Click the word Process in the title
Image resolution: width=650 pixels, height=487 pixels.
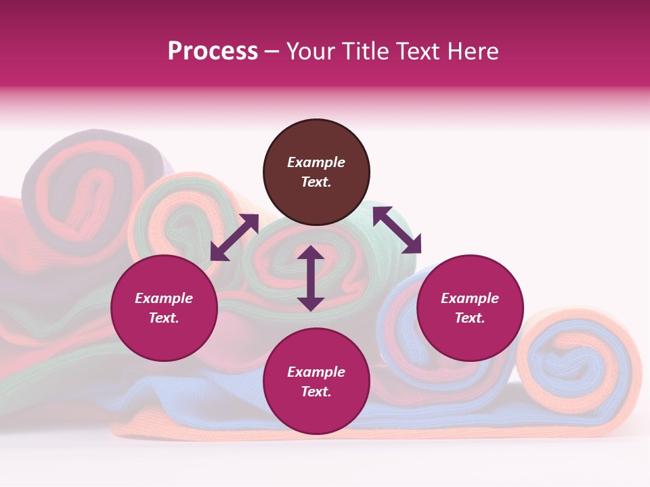pos(213,51)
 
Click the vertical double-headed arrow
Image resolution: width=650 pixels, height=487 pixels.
pos(311,278)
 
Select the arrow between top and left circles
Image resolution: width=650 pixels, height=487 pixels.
pos(234,237)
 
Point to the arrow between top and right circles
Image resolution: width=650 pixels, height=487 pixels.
pos(397,230)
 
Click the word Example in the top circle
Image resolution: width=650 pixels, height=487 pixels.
pos(316,162)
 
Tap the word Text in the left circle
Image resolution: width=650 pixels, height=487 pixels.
pos(164,318)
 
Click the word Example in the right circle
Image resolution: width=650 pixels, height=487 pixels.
pos(470,298)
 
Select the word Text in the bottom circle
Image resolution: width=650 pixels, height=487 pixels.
pos(316,392)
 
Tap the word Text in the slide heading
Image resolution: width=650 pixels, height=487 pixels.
pos(417,51)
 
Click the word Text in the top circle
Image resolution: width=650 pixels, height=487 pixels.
pos(316,182)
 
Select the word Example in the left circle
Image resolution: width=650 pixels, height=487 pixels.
pos(164,298)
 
